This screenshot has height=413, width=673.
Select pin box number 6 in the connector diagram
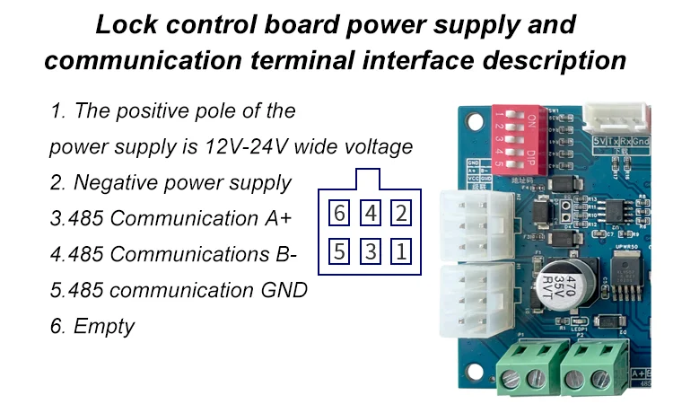click(338, 214)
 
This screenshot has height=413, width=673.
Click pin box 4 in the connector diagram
click(371, 214)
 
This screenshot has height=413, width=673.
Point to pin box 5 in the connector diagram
click(338, 250)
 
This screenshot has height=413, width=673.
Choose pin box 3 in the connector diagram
click(371, 250)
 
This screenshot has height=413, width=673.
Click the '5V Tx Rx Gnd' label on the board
click(622, 142)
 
